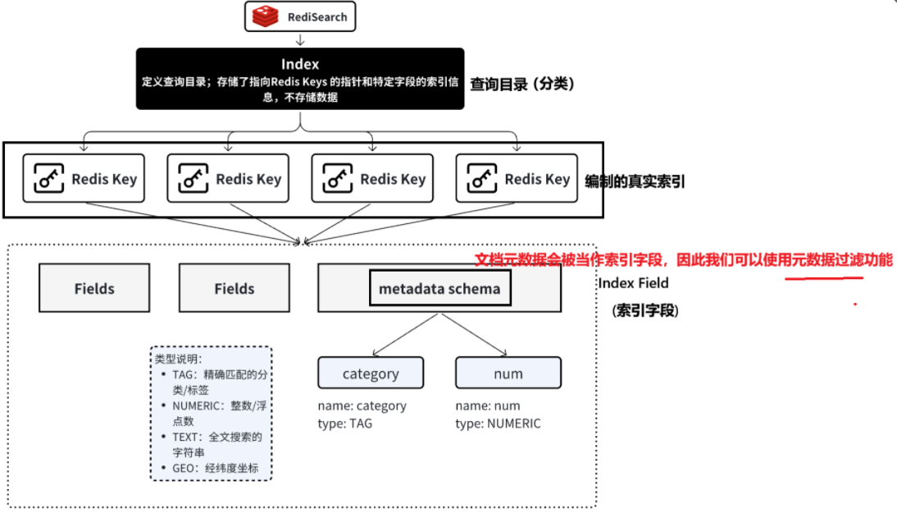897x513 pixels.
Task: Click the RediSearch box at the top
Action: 300,16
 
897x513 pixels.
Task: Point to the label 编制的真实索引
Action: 635,181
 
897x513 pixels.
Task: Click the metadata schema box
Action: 439,288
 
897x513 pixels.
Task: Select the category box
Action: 371,373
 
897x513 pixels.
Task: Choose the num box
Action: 508,373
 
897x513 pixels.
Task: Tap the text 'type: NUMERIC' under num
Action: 498,424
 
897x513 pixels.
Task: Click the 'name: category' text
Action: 362,405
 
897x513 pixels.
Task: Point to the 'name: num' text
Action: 488,405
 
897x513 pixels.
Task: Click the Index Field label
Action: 633,283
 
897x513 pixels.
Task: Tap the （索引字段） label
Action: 644,311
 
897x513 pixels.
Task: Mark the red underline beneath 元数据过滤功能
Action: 823,278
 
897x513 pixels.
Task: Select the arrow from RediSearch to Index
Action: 300,39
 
